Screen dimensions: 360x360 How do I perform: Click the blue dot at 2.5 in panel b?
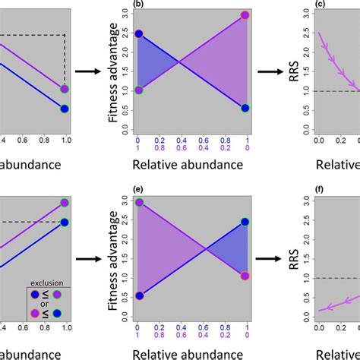point(137,34)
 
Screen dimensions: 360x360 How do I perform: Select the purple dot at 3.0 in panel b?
point(245,15)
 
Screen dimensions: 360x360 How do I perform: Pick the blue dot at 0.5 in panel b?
point(245,109)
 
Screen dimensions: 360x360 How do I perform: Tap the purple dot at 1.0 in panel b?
point(137,90)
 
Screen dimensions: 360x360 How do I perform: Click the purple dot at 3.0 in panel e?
point(137,202)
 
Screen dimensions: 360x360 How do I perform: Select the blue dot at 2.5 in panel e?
point(245,221)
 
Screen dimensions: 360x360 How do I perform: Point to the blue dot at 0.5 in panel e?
point(137,295)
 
